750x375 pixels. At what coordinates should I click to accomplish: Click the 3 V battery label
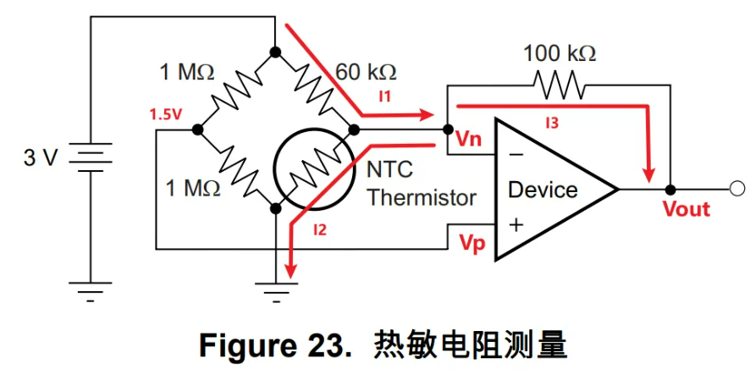41,157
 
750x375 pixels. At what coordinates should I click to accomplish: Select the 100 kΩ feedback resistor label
559,53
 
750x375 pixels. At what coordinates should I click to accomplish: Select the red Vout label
686,208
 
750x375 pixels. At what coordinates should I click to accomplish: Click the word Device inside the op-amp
542,190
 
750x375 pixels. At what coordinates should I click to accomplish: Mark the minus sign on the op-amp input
516,156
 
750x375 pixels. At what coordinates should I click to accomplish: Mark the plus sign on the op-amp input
516,225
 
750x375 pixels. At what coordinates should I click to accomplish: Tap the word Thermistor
422,198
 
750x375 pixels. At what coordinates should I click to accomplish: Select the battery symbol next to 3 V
91,157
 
